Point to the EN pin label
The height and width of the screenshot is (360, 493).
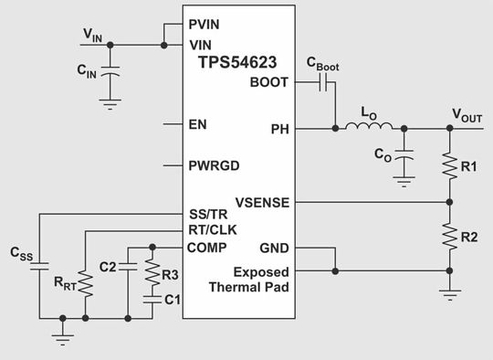[x=196, y=122]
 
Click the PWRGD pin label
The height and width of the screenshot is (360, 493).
[x=214, y=165]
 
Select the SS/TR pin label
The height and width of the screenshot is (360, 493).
[x=208, y=216]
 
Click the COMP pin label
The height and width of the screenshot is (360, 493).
[x=206, y=248]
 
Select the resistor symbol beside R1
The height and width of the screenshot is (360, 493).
[x=449, y=165]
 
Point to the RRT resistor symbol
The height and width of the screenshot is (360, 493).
[x=86, y=283]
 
